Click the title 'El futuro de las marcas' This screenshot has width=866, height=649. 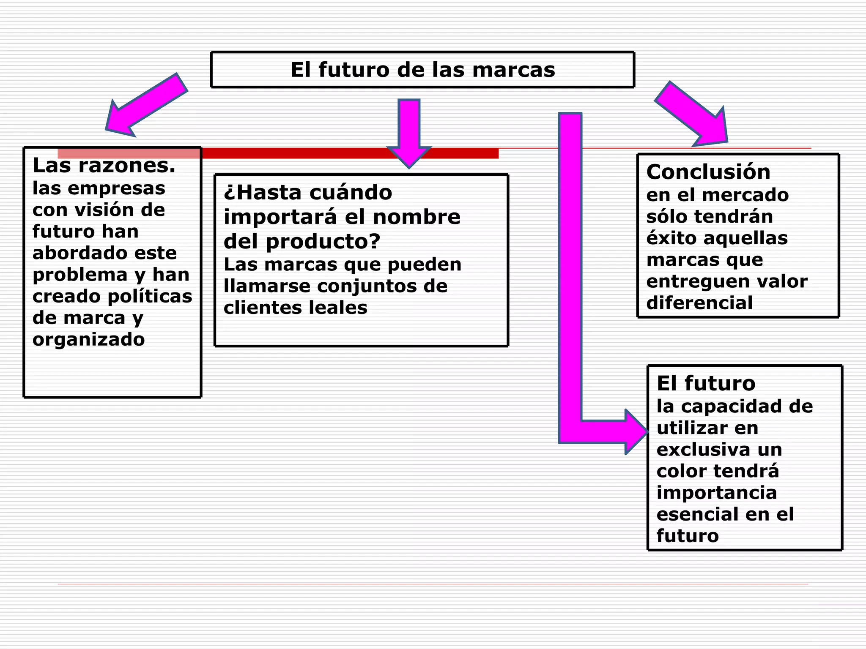click(x=422, y=70)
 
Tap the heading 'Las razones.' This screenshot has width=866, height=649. click(x=104, y=165)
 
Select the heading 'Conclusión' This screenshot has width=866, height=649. click(x=708, y=172)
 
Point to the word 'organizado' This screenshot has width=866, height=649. click(x=88, y=339)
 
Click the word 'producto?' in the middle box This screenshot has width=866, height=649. click(x=323, y=241)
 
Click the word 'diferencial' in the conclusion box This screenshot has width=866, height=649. click(x=699, y=303)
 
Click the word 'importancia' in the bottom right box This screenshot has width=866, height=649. click(x=716, y=493)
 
